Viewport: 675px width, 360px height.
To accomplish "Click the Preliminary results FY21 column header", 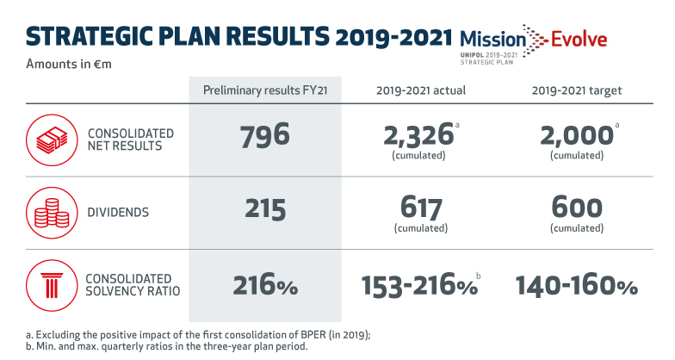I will [259, 90].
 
